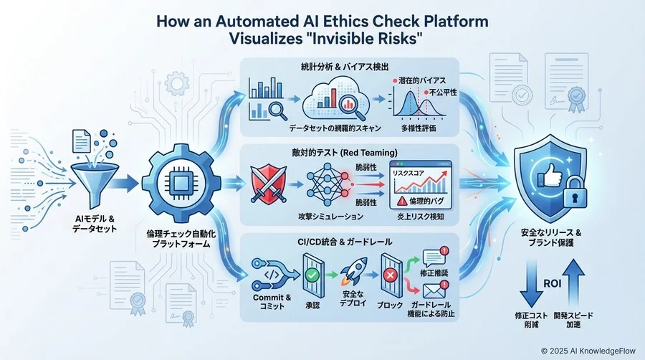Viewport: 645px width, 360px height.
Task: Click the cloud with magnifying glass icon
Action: (332, 100)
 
